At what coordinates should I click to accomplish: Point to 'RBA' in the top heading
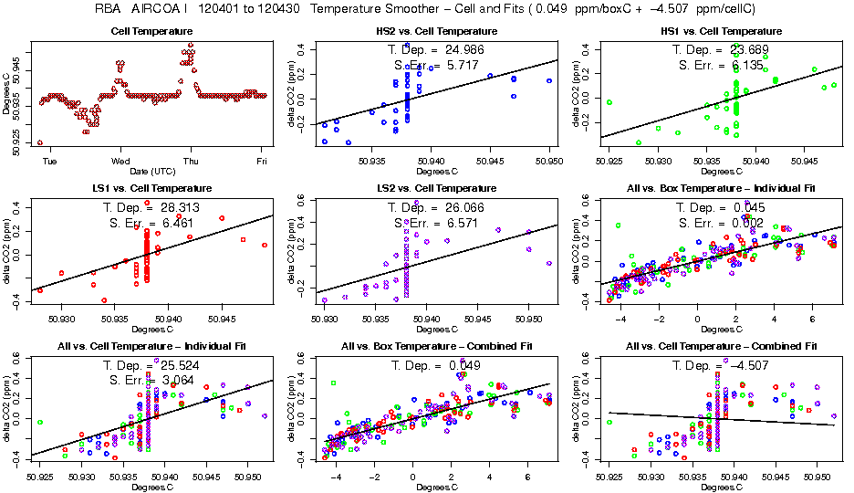pyautogui.click(x=109, y=9)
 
